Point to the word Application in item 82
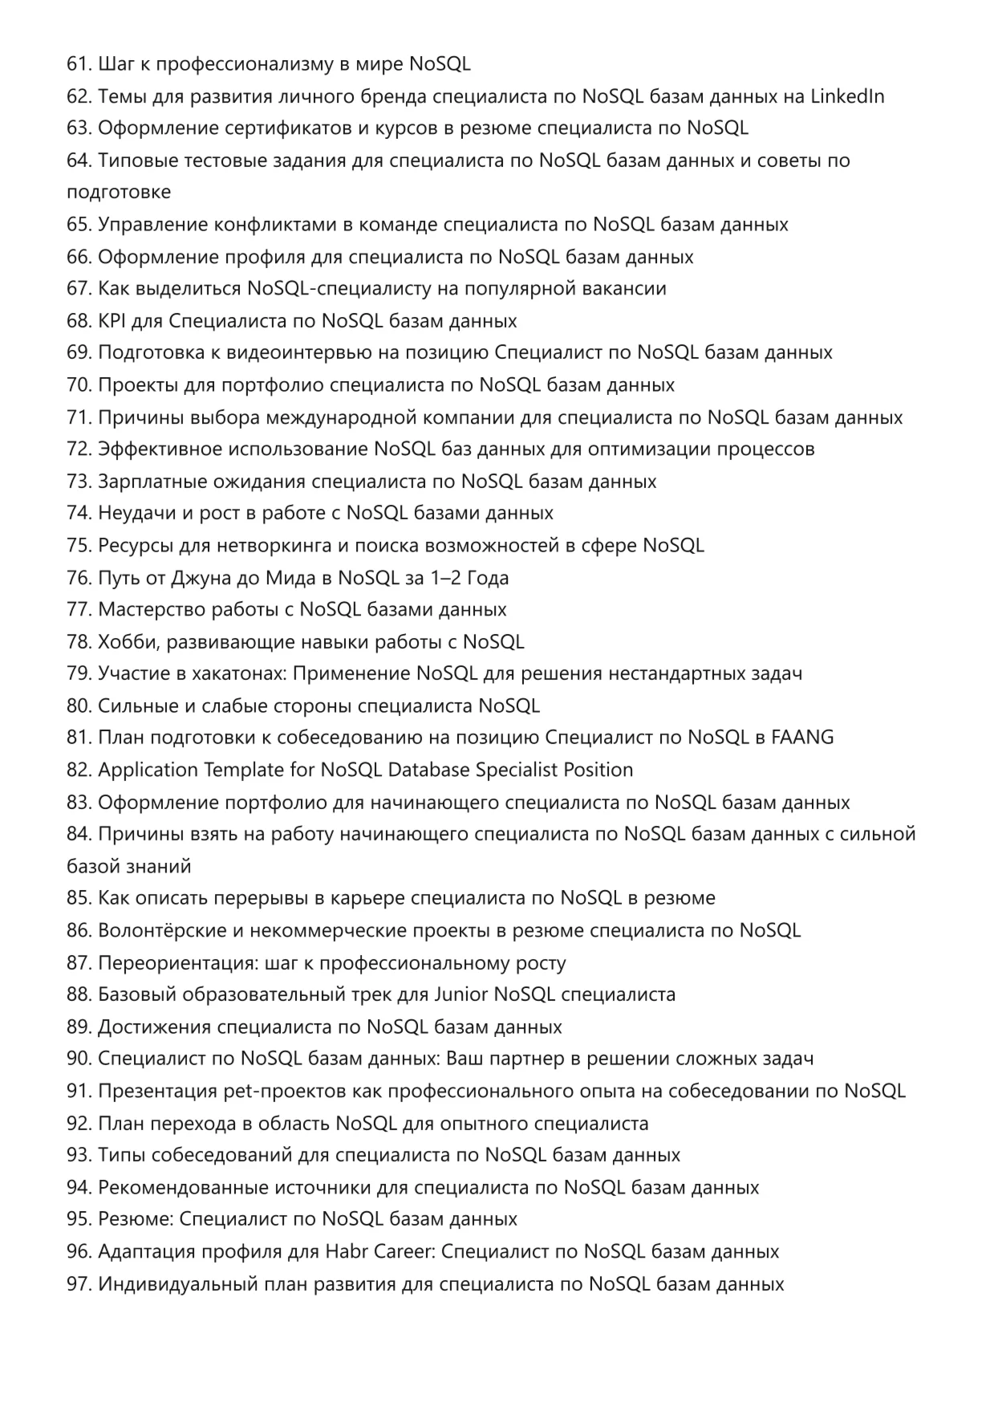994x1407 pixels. pyautogui.click(x=148, y=770)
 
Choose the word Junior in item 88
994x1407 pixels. pyautogui.click(x=460, y=994)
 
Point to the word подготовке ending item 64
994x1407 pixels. pyautogui.click(x=119, y=193)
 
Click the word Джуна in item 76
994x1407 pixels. pyautogui.click(x=200, y=578)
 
